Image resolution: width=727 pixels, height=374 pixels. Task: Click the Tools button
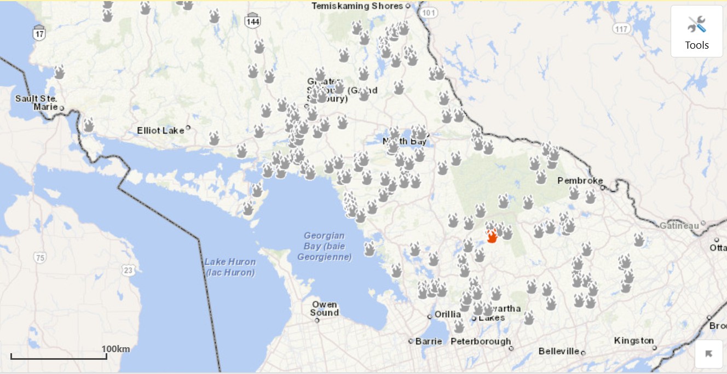[x=696, y=31]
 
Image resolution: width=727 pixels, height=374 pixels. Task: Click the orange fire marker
[x=492, y=236]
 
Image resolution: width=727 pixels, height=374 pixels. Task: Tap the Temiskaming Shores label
[x=357, y=6]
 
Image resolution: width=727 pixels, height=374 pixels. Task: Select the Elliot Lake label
[x=160, y=130]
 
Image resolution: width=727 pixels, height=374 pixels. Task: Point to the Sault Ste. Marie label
[x=37, y=103]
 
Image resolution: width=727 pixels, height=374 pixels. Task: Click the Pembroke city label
[x=580, y=180]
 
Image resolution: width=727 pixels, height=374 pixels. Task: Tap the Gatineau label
[x=679, y=225]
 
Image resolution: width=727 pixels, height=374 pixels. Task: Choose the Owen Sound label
[x=324, y=309]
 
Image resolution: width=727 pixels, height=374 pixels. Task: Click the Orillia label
[x=447, y=314]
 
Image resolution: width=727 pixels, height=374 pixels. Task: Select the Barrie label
[x=428, y=341]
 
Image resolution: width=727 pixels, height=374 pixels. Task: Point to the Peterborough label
[x=480, y=341]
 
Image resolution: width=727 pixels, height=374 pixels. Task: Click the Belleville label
[x=558, y=351]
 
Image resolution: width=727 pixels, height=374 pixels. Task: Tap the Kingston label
[x=633, y=341]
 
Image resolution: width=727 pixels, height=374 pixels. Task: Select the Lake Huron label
[x=230, y=267]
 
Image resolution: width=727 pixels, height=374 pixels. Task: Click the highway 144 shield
[x=252, y=21]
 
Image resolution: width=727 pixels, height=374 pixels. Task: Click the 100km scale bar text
[x=116, y=349]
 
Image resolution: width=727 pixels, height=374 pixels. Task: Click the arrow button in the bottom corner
[x=708, y=354]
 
